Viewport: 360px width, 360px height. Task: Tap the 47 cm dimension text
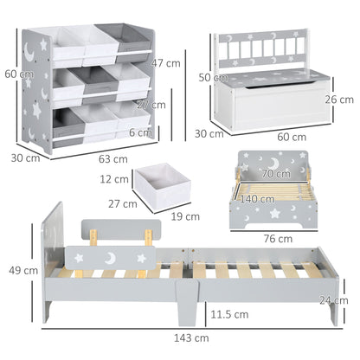164,64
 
